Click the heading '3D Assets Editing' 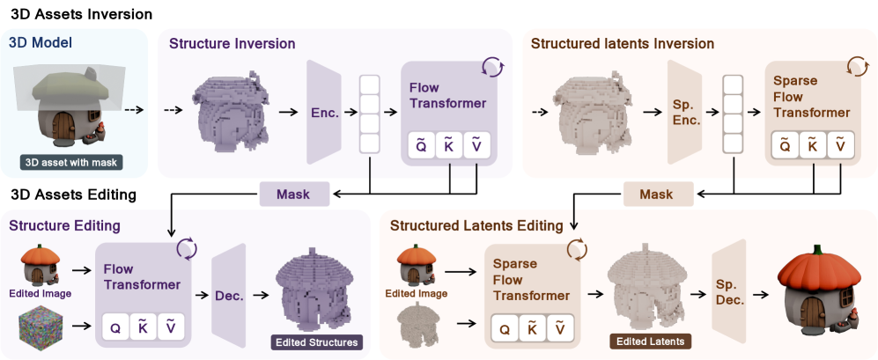[x=73, y=195]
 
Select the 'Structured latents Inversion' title [x=623, y=43]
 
